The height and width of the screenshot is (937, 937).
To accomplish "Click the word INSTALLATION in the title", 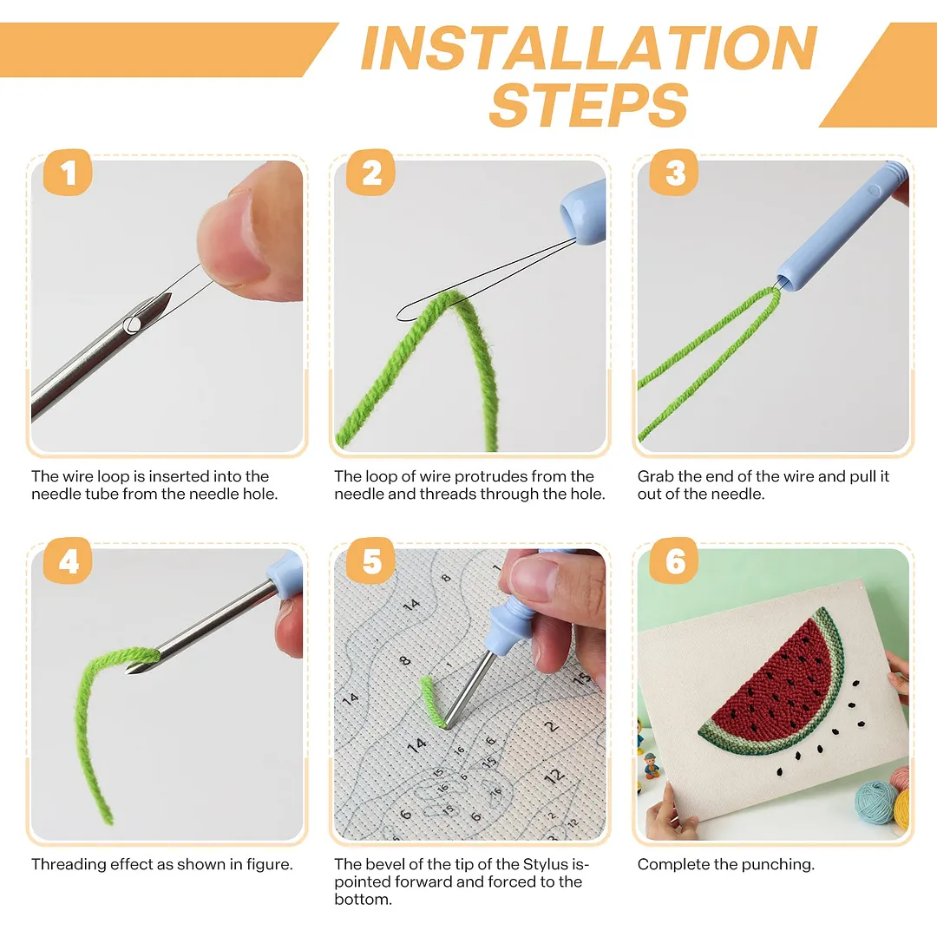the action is point(589,49).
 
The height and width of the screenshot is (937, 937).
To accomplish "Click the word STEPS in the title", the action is point(588,105).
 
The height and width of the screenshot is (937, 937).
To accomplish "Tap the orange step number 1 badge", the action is point(68,173).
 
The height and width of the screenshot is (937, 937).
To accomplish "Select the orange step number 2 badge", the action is point(370,173).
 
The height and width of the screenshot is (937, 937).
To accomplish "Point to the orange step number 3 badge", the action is point(674,173).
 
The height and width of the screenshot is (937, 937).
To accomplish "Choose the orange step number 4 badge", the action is point(68,560).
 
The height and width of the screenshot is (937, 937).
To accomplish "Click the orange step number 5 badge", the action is point(370,560).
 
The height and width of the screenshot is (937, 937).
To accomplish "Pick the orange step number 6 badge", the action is point(674,560).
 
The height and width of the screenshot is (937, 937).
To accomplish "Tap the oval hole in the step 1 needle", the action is point(132,325).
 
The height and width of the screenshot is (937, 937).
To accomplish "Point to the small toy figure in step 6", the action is point(651,765).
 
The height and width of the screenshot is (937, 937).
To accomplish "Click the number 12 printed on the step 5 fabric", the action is point(554,776).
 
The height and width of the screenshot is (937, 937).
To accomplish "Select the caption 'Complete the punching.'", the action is point(725,864).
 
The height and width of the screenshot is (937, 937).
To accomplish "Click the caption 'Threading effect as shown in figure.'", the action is point(162,864).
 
